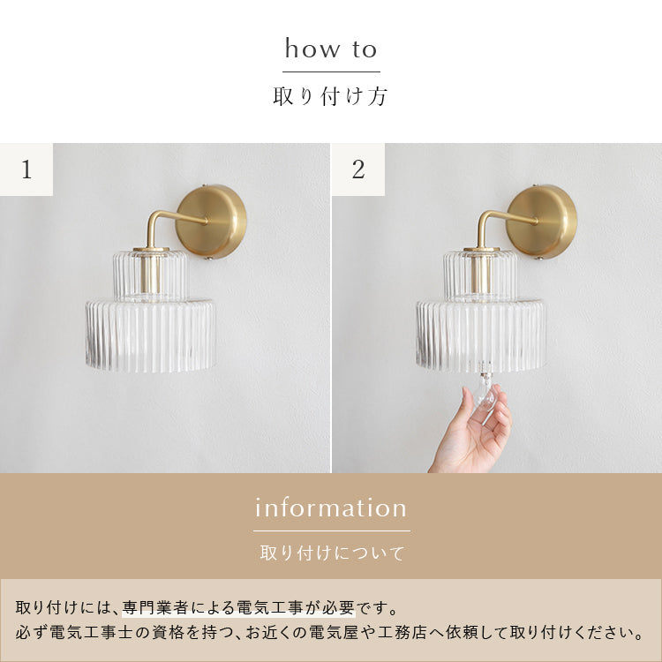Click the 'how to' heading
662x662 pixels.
coord(331,49)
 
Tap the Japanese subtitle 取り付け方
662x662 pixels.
coord(331,96)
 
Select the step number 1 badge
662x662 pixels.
coord(26,169)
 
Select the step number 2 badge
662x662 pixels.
coord(357,169)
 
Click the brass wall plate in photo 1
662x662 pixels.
coord(212,221)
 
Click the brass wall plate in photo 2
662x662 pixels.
coord(542,221)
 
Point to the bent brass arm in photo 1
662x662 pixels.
coord(162,222)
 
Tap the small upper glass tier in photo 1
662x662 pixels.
coord(150,275)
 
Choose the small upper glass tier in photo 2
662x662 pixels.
coord(481,275)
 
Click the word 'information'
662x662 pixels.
coord(331,508)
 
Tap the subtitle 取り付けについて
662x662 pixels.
coord(331,554)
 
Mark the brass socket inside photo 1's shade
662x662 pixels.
coord(152,274)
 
